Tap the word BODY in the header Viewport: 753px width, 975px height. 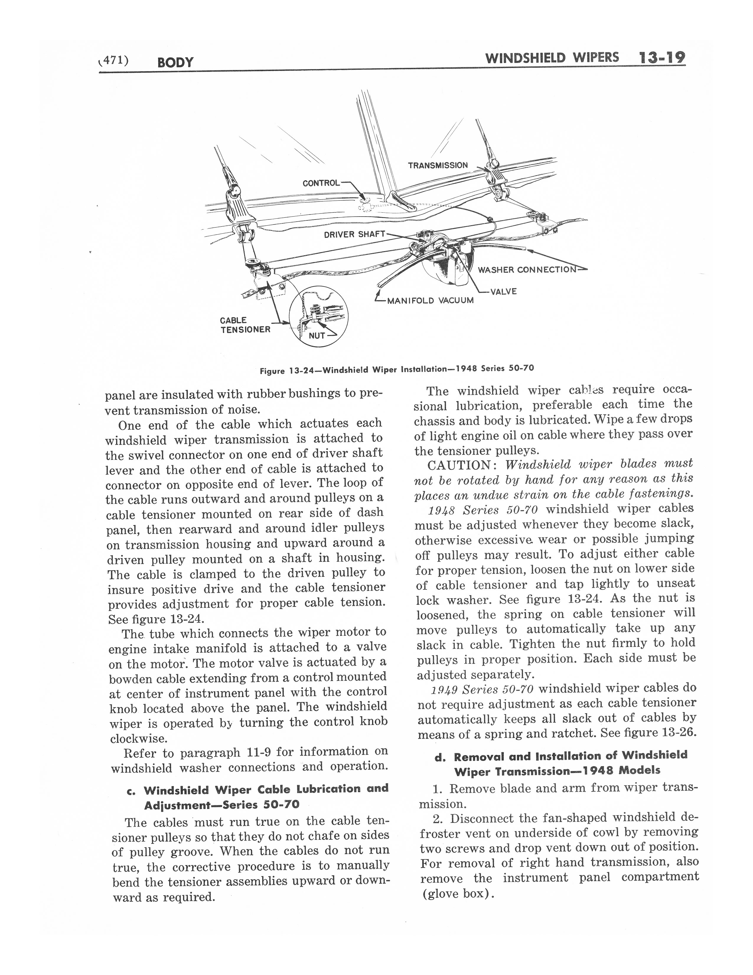click(175, 62)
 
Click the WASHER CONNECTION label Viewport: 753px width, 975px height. click(527, 270)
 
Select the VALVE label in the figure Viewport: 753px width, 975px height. click(503, 292)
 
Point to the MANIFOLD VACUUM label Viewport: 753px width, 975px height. click(430, 300)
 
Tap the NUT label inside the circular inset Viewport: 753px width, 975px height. click(317, 335)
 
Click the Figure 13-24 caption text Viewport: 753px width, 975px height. click(397, 370)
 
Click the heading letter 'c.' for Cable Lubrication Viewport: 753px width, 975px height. click(131, 791)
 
